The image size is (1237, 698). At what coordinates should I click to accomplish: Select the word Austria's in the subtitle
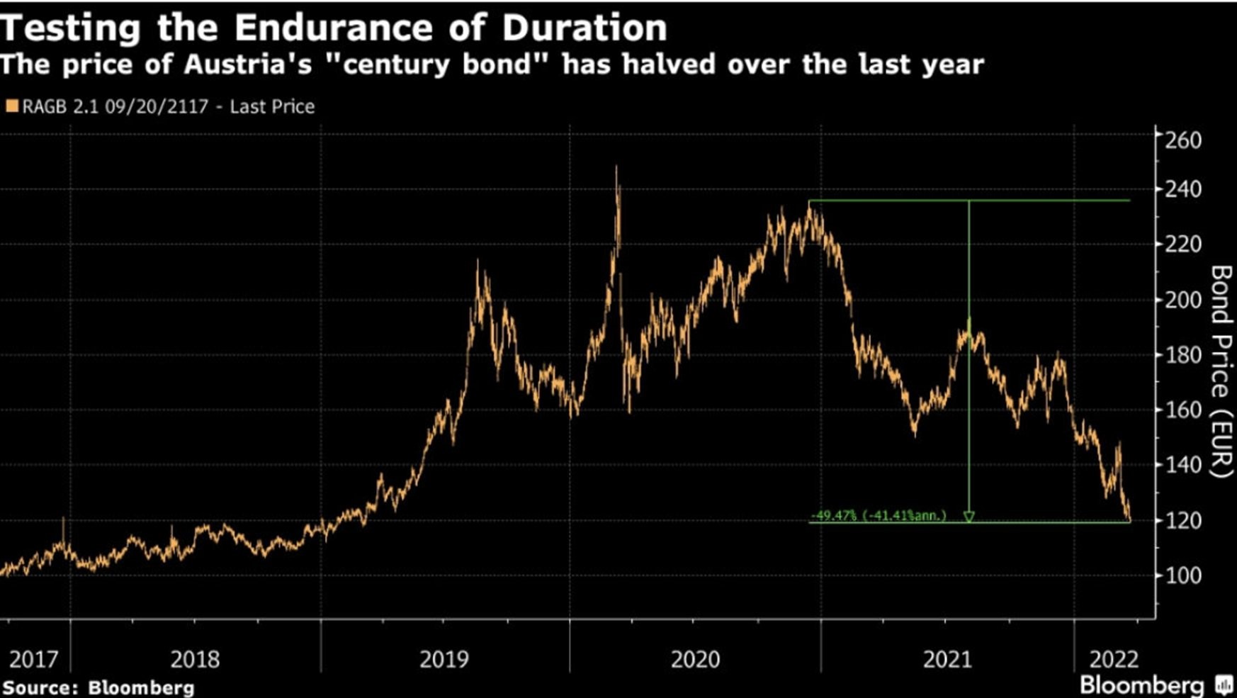(248, 64)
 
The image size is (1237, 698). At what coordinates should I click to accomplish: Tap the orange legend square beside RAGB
(11, 106)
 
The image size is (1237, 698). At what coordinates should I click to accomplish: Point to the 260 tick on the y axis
(1183, 140)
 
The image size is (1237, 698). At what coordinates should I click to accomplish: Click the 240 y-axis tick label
(1183, 189)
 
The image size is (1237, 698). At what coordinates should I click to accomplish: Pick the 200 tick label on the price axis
(1183, 300)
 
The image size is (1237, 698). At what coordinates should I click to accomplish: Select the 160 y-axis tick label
(1183, 410)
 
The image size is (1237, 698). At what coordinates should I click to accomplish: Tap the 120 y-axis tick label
(1183, 520)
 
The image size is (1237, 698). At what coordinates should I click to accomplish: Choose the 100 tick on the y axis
(1183, 575)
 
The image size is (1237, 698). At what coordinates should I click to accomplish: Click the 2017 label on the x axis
(33, 660)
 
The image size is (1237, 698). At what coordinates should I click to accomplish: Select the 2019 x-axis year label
(444, 660)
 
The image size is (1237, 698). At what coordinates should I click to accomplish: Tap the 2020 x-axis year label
(695, 660)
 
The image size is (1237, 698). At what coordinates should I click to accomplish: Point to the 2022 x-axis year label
(1114, 660)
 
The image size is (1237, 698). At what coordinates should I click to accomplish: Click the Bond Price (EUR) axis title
(1220, 371)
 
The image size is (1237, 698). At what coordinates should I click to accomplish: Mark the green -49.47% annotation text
(878, 515)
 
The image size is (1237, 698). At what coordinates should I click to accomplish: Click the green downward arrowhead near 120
(968, 517)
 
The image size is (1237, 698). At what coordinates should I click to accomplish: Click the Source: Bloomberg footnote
(98, 687)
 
